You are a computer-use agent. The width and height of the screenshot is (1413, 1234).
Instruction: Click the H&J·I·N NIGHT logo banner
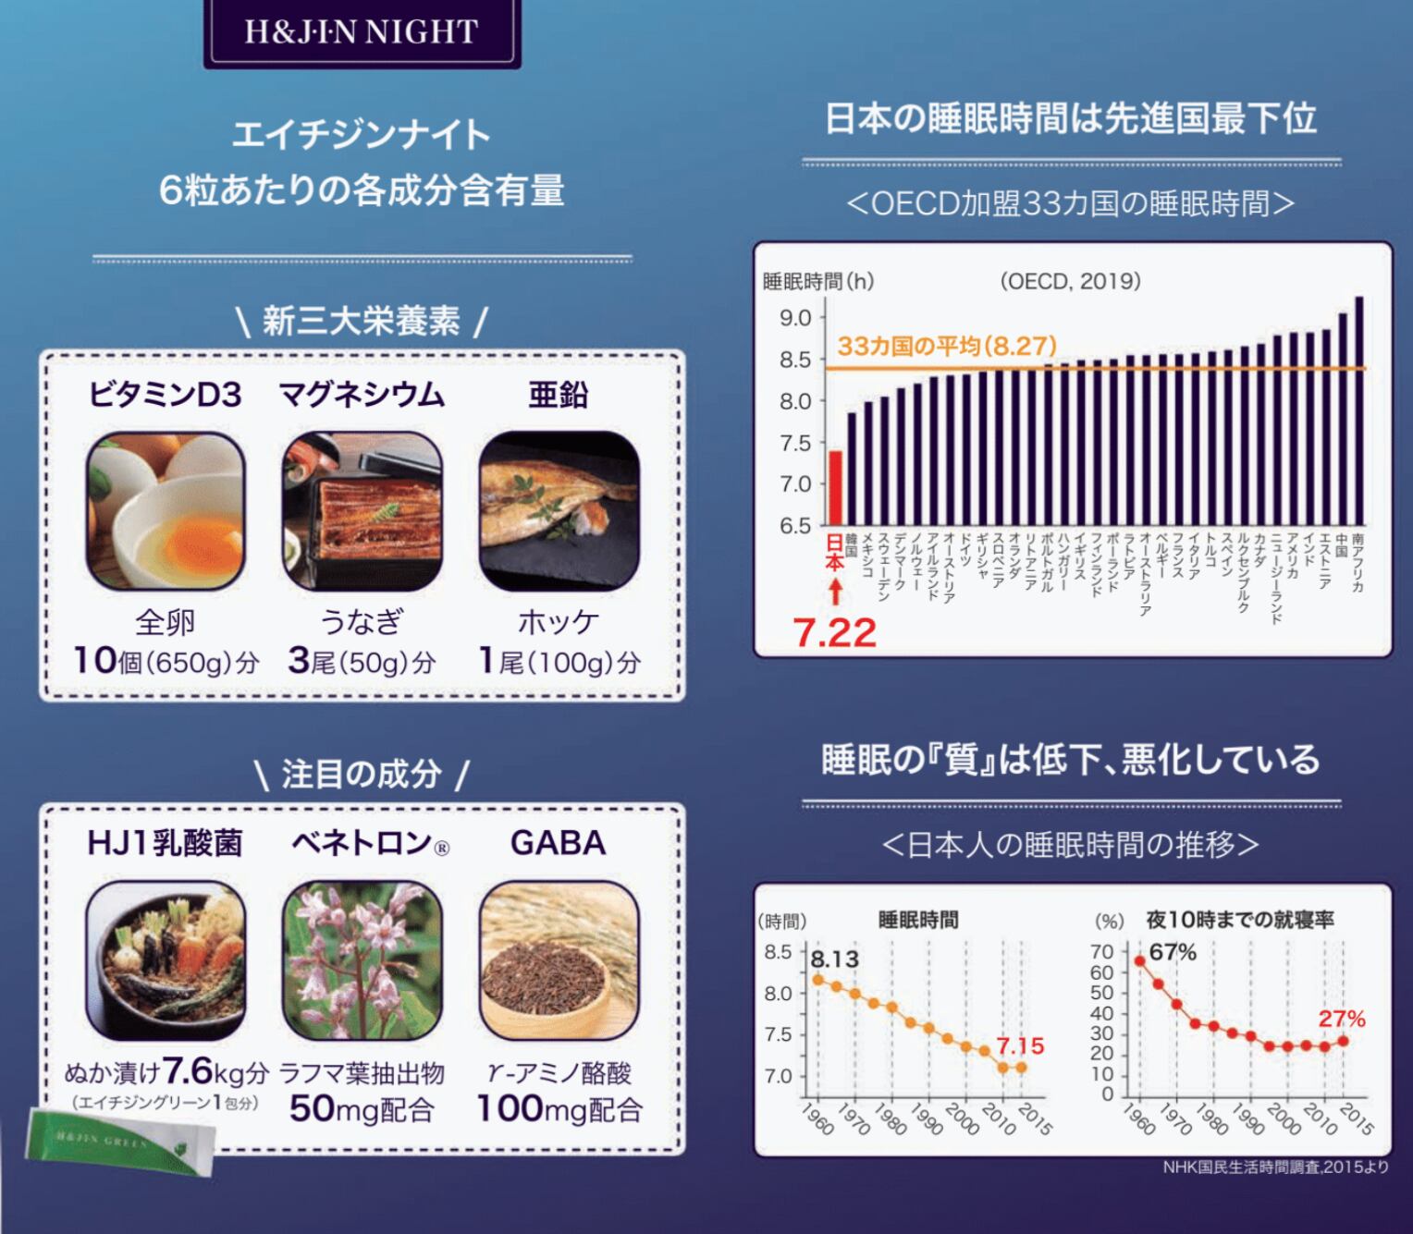[x=362, y=32]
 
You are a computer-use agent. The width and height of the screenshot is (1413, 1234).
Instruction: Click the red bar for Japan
[x=835, y=488]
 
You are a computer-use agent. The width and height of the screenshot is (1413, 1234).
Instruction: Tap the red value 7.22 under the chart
[x=835, y=633]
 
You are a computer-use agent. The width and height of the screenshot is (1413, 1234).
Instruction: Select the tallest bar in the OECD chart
[x=1358, y=411]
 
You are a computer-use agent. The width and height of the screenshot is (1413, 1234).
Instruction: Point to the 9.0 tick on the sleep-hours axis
[x=795, y=318]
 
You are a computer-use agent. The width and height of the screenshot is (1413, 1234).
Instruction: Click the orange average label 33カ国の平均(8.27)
[x=947, y=347]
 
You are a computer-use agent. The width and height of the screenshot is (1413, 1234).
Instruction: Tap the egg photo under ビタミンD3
[x=166, y=511]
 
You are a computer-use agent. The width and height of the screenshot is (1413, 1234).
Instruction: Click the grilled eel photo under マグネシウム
[x=362, y=511]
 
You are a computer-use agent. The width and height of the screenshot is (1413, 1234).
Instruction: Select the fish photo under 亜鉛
[x=559, y=511]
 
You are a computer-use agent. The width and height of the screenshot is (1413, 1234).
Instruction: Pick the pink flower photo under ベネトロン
[x=362, y=959]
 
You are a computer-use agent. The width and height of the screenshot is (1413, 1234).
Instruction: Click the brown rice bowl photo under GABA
[x=559, y=959]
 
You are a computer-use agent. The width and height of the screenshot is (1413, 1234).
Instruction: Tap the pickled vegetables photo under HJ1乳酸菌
[x=166, y=959]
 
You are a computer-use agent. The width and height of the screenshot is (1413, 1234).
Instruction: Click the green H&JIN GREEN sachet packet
[x=118, y=1141]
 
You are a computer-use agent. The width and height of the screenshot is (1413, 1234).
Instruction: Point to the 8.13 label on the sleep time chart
[x=834, y=959]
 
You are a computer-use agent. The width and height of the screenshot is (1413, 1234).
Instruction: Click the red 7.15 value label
[x=1019, y=1046]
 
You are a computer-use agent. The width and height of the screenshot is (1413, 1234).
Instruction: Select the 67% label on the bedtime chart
[x=1173, y=952]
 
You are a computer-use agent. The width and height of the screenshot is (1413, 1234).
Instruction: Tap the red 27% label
[x=1341, y=1019]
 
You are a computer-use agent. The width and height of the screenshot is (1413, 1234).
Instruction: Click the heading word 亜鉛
[x=558, y=396]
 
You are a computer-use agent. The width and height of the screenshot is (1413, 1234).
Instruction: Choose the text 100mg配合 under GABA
[x=559, y=1109]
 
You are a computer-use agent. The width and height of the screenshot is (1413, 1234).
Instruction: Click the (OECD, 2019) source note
[x=1070, y=281]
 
